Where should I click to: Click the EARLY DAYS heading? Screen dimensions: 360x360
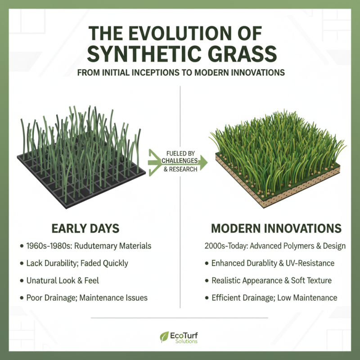85,228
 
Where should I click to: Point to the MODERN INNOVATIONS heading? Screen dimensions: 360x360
276,228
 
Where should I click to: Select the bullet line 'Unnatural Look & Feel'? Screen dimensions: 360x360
63,280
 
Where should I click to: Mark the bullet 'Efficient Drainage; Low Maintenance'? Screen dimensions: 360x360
274,297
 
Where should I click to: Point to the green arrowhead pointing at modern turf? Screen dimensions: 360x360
202,162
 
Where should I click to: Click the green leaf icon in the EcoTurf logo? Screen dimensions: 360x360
164,336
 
